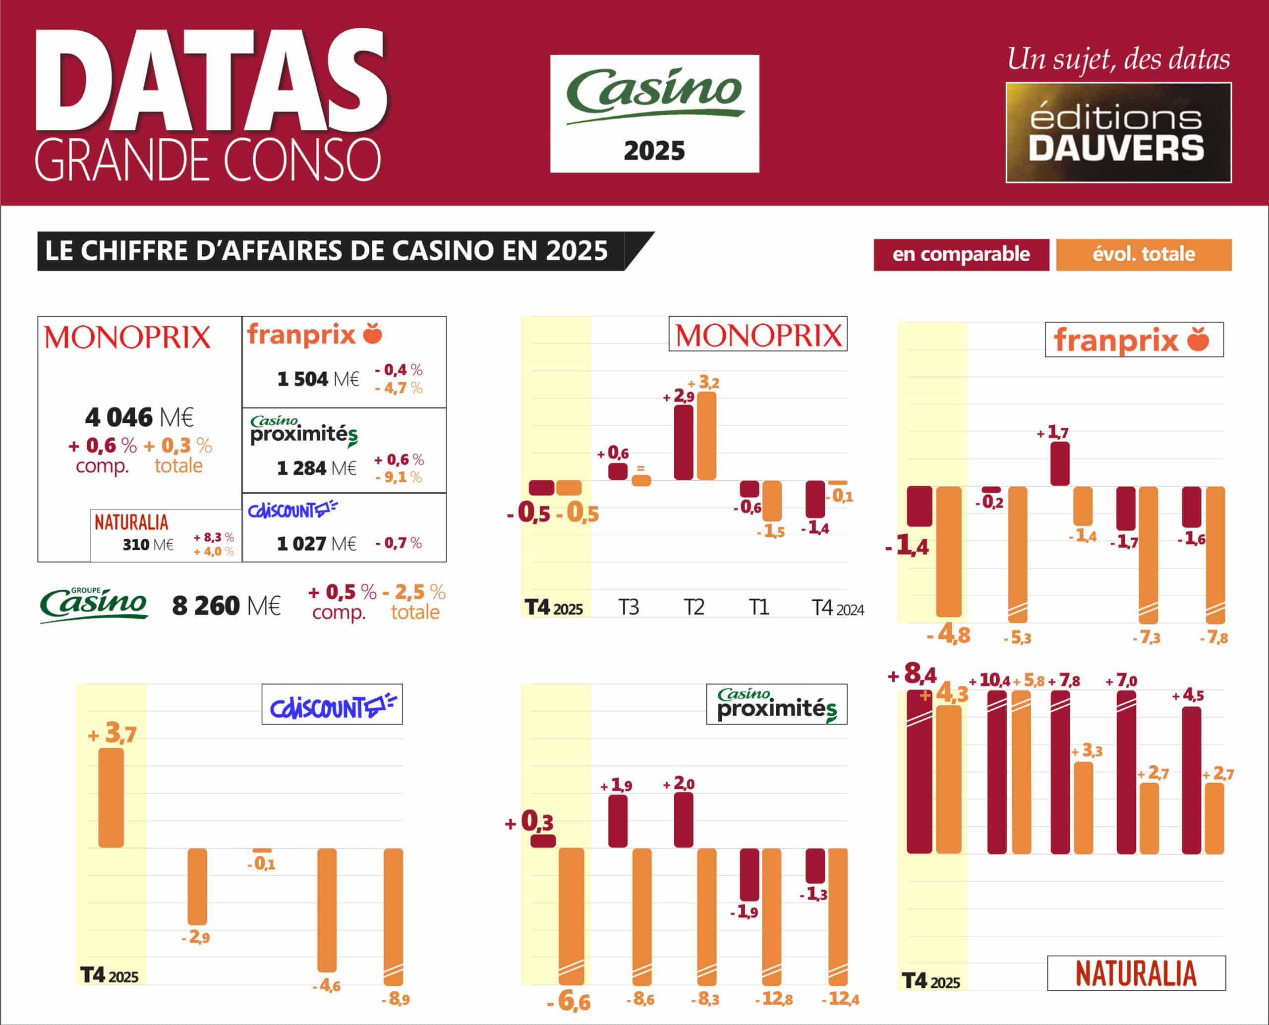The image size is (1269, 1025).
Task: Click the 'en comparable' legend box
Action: coord(961,254)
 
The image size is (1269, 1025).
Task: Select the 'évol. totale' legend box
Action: coord(1143,254)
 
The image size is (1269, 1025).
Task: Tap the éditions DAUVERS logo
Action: coord(1118,133)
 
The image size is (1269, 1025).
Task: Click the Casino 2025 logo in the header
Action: coord(654,114)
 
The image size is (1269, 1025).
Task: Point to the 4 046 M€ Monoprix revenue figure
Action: coord(139,417)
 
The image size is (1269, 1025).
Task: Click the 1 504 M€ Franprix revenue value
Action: coord(318,379)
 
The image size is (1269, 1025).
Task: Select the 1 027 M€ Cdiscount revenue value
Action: coord(317,543)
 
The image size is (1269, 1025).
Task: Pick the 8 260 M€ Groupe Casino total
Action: coord(226,606)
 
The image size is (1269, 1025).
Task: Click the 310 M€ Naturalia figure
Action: coord(148,544)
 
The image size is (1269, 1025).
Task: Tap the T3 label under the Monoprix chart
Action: coord(628,607)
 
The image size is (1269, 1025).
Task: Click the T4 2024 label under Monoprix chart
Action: coord(837,608)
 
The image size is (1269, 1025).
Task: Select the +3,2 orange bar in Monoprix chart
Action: coord(706,435)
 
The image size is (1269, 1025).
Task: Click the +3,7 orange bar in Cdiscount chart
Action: coord(111,797)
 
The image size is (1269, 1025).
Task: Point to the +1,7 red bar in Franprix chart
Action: coord(1059,463)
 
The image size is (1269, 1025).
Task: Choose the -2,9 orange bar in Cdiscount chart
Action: coord(197,886)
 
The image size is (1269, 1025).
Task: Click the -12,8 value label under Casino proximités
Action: coord(774,998)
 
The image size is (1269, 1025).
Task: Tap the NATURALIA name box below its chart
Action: coord(1136,973)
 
